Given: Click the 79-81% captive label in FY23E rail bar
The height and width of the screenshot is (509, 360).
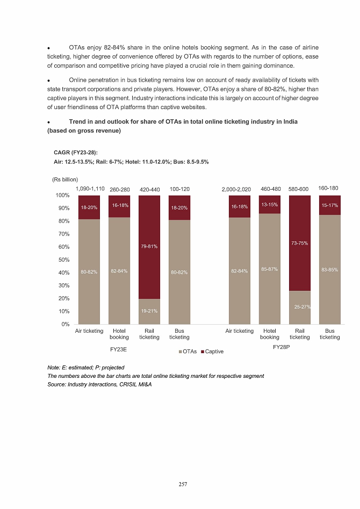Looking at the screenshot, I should point(149,247).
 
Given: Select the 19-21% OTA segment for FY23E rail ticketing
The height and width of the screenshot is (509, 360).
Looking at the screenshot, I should point(149,311).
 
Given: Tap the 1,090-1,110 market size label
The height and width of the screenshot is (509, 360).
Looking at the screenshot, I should point(90,189).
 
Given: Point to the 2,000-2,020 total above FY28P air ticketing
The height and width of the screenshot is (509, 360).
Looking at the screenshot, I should point(236,189).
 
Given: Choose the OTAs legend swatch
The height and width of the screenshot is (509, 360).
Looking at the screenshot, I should point(179,352).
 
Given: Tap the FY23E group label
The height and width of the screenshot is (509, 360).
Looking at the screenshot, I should point(118,349).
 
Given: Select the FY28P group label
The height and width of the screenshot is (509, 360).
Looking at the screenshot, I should point(281,348).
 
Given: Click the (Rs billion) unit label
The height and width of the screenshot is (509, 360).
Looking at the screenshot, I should point(65,179).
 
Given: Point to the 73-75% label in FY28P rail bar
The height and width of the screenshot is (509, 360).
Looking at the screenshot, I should point(299,243).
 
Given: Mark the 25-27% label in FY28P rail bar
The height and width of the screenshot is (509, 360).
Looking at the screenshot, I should point(299,306).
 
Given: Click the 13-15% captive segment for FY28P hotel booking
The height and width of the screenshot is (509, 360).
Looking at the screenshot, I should point(269,204).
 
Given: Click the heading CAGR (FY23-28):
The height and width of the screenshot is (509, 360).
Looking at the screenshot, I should point(75,153).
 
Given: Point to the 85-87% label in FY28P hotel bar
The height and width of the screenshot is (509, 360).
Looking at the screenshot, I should point(269,269).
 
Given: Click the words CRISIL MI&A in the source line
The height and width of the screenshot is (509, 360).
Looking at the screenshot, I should point(135,385).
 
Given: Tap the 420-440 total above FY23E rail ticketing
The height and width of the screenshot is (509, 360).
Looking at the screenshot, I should point(149,189).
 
